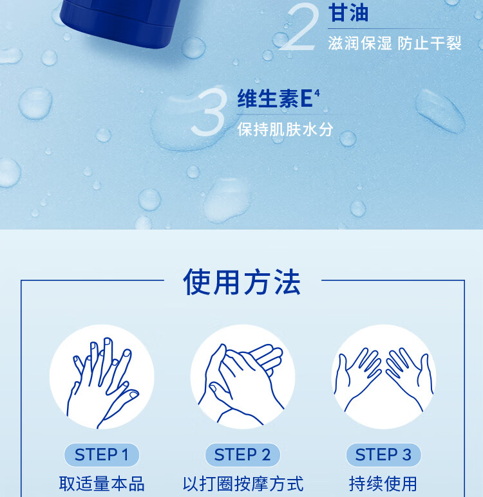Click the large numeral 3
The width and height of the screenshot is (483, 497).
(x=209, y=114)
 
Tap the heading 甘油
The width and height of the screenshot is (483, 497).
(x=348, y=14)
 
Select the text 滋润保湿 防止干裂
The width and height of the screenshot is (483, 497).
(x=394, y=43)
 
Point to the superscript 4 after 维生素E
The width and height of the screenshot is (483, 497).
(x=317, y=94)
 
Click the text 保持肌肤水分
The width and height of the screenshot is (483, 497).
(x=285, y=129)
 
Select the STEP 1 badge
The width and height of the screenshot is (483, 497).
(x=102, y=455)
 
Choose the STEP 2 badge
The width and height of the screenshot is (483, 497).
(x=242, y=455)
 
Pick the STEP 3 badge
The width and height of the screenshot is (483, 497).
(x=383, y=455)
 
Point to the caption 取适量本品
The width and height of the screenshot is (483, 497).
(x=102, y=483)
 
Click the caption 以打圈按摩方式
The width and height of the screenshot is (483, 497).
(x=242, y=483)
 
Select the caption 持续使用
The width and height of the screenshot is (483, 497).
(x=383, y=483)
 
